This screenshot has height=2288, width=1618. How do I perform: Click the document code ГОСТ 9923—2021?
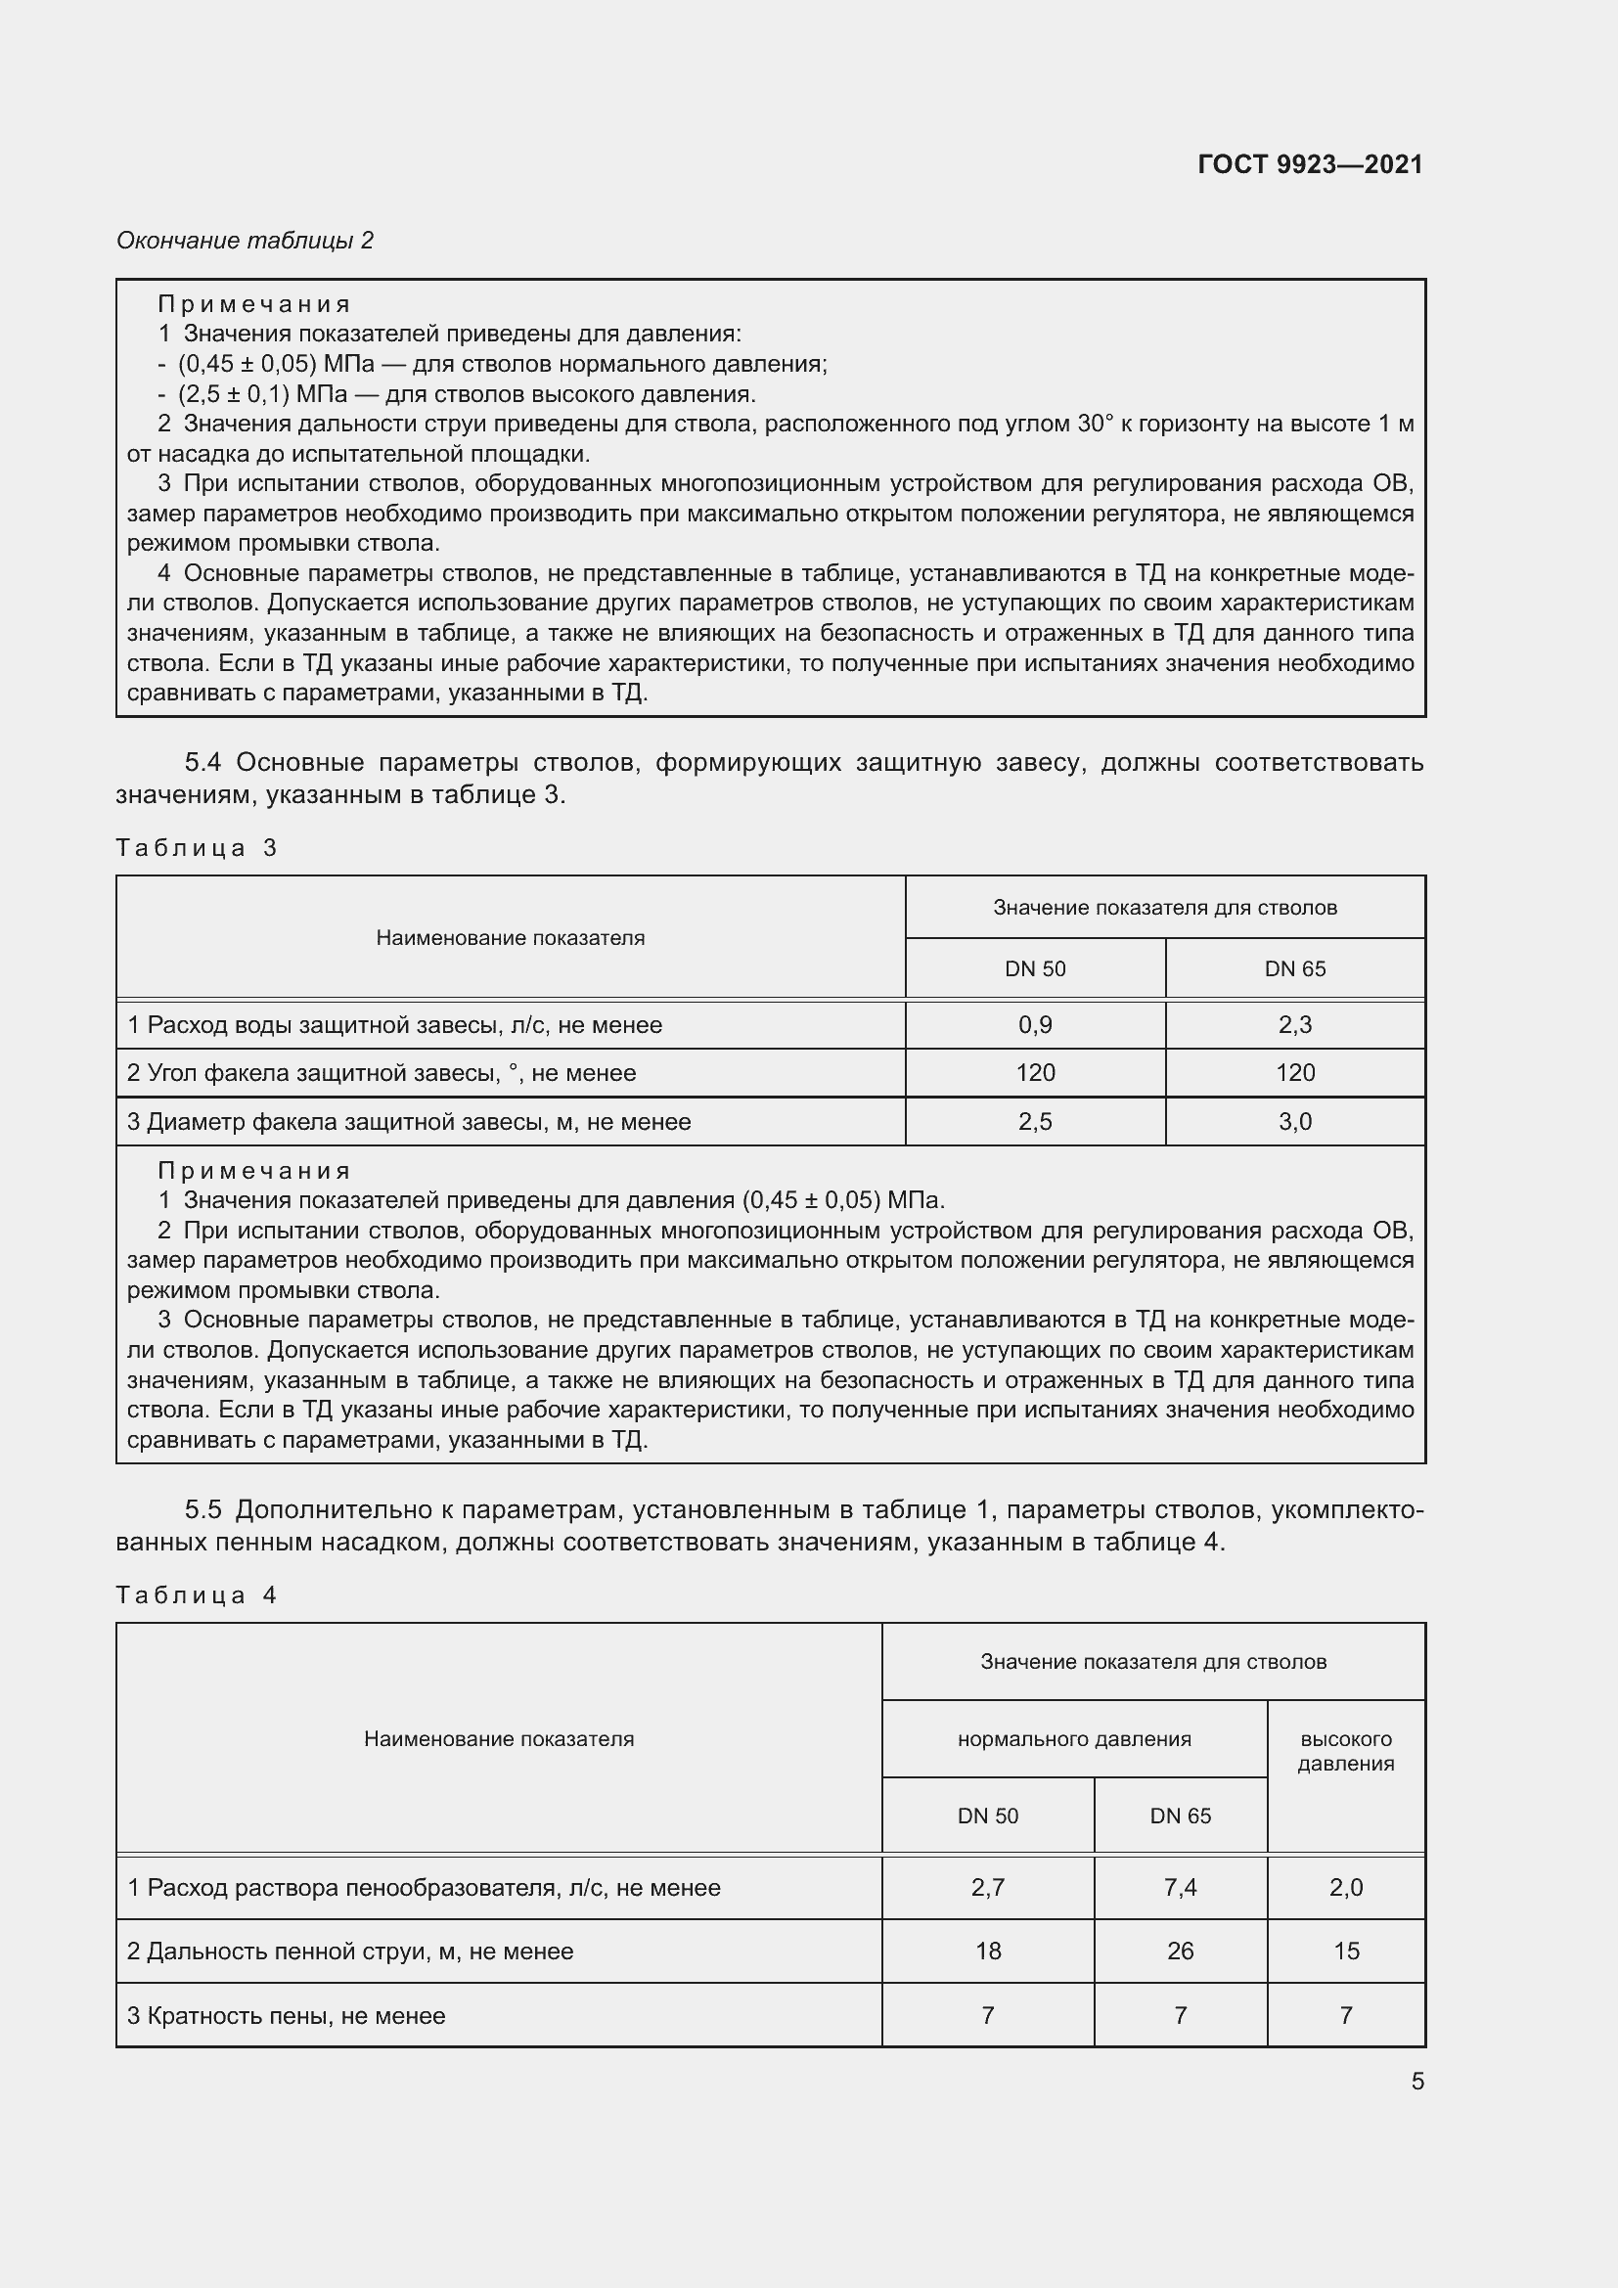1309,164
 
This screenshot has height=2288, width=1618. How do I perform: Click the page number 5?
1416,2081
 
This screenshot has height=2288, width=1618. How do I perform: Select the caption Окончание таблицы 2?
246,241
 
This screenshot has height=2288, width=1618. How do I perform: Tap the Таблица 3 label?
197,848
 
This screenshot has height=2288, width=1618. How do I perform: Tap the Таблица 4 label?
197,1595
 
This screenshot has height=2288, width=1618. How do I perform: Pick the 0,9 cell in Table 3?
1034,1024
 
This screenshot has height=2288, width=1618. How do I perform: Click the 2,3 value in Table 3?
1294,1024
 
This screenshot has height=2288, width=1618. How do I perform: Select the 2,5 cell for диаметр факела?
1034,1122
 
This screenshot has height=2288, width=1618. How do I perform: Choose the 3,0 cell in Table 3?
1294,1122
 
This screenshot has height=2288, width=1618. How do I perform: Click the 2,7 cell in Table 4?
987,1887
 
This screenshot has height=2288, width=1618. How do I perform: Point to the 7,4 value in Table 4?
1180,1887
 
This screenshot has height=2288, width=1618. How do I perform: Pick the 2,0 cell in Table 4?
1345,1887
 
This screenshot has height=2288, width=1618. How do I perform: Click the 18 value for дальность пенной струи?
987,1952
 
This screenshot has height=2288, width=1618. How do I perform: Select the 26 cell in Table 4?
1180,1952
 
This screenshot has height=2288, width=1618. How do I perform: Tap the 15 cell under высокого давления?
1345,1952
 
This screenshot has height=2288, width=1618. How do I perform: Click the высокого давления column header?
1345,1751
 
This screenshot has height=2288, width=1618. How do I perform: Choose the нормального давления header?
1074,1739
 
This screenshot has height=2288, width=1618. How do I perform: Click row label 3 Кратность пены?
286,2016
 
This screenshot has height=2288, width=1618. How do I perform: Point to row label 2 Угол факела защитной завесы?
381,1073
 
